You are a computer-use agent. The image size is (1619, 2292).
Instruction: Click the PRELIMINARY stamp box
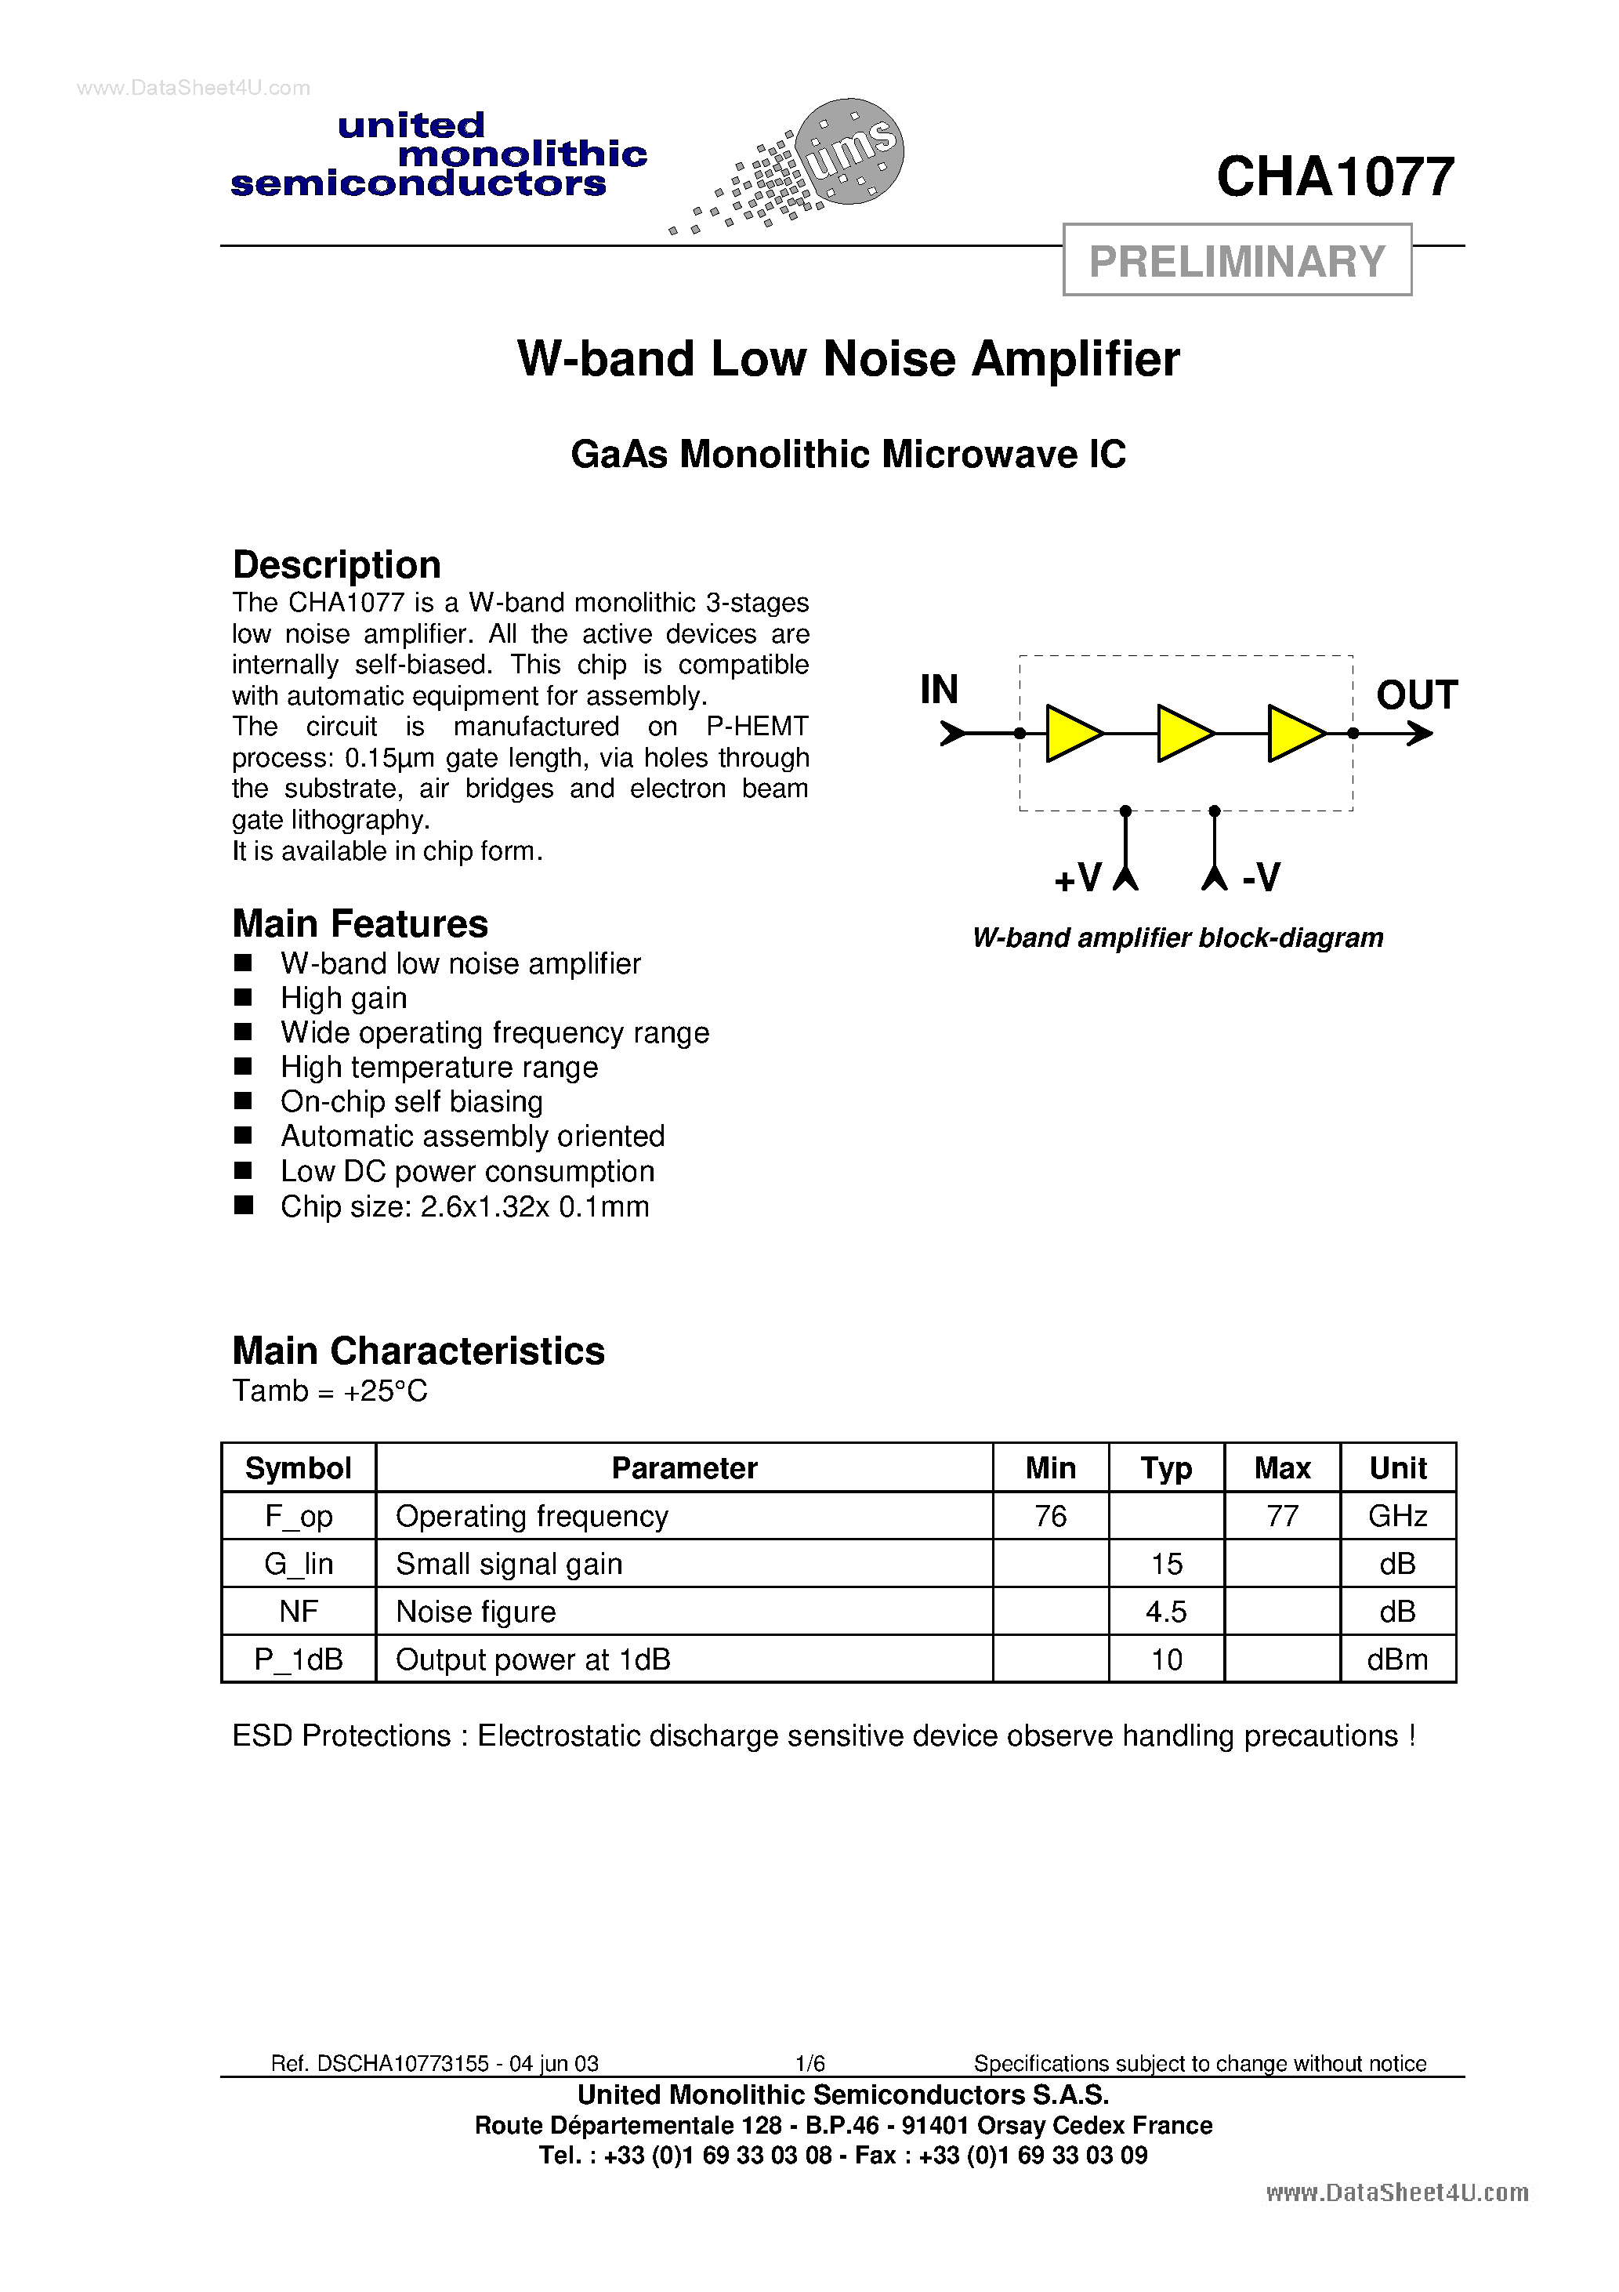1237,260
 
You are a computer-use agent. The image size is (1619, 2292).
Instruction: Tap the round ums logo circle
850,151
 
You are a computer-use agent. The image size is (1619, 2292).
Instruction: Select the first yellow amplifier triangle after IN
1072,734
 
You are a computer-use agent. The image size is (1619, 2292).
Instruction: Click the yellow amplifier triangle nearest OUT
1295,734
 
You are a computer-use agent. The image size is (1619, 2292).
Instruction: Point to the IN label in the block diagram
938,690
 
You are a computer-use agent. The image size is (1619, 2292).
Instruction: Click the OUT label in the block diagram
1416,694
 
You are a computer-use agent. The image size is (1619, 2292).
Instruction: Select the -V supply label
1261,877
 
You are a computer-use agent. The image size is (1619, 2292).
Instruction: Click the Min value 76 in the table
1050,1516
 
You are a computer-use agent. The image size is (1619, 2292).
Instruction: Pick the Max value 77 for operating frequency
1281,1516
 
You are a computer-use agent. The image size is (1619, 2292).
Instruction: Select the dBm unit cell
1397,1660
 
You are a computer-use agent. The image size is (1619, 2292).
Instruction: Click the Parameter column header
684,1468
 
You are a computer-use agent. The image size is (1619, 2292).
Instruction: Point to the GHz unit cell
1397,1516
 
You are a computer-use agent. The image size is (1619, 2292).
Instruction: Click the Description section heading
336,565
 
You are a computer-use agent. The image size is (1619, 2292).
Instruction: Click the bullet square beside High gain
243,997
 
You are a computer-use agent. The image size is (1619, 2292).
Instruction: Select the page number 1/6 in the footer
809,2063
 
